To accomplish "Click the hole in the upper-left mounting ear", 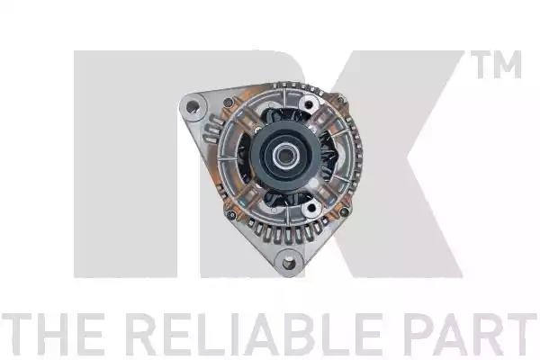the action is [x=193, y=107].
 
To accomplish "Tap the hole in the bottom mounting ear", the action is [x=289, y=265].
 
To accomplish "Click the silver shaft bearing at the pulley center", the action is [x=283, y=157].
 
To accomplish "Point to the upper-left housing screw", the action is [x=228, y=103].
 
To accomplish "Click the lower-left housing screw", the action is [x=231, y=215].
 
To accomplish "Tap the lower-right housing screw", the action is [x=344, y=211].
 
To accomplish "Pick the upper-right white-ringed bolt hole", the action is [x=308, y=104].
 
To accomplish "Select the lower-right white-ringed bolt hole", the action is [x=311, y=207].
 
